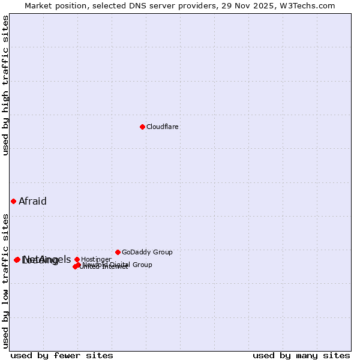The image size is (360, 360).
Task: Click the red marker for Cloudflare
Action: pos(142,127)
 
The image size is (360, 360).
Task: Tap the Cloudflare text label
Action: pos(163,127)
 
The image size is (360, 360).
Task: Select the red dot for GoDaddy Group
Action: pos(118,252)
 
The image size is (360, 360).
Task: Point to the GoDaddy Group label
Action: pos(147,253)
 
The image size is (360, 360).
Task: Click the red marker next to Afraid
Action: pos(13,201)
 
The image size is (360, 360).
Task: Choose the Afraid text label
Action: pos(32,202)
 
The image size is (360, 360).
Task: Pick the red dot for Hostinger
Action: pos(77,259)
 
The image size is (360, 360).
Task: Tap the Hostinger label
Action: pos(96,260)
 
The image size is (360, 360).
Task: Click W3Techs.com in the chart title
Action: pos(309,5)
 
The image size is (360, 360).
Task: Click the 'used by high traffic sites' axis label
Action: pos(6,85)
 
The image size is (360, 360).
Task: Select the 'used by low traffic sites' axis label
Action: pos(6,281)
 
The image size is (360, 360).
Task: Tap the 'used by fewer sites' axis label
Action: pos(62,356)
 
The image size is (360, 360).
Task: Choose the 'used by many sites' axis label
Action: pos(301,356)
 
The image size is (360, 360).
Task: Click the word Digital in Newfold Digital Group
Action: pos(121,265)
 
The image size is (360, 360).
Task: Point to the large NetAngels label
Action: pos(47,259)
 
